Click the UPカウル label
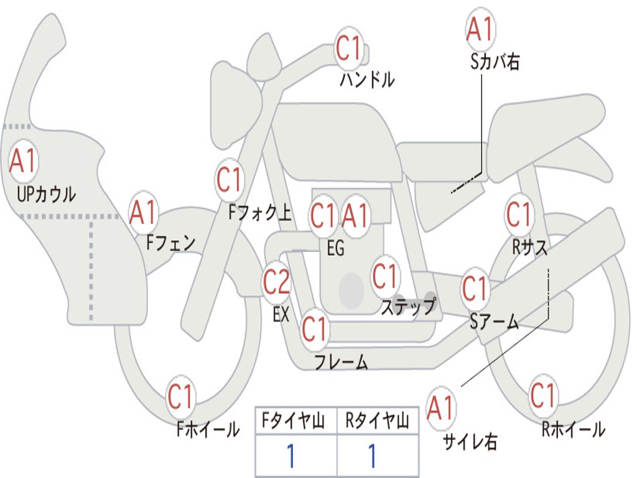(x=46, y=194)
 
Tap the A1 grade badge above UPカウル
(x=23, y=161)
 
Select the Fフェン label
(x=170, y=243)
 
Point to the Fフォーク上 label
(x=259, y=212)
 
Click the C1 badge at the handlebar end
(x=348, y=48)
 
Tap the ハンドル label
(x=367, y=79)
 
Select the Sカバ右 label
(x=495, y=62)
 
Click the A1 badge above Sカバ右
(x=480, y=29)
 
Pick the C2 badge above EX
(x=276, y=282)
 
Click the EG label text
(x=335, y=248)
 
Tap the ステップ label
(x=409, y=306)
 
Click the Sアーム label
(x=495, y=322)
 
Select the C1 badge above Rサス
(x=519, y=213)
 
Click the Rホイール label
(x=573, y=429)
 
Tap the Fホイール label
(x=208, y=429)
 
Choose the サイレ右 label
(x=470, y=441)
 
